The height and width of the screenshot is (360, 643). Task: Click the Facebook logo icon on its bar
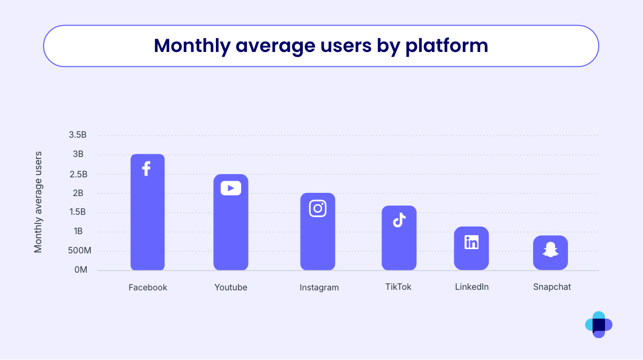coord(146,169)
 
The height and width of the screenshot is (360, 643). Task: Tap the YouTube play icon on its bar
coord(231,188)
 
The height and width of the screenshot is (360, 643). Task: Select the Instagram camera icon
coord(318,208)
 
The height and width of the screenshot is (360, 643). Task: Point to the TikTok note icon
coord(399,220)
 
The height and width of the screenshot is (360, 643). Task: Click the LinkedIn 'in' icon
coord(472,242)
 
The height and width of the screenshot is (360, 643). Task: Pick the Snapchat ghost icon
coord(550,250)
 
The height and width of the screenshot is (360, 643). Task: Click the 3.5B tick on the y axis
coord(78,135)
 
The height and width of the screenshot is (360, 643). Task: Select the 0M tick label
coord(81,270)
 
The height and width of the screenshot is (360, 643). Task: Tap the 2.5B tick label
coord(78,174)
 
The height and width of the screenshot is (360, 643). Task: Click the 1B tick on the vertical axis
coord(79,231)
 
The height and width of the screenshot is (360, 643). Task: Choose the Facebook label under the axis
coord(148,288)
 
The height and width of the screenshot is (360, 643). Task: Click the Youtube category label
coord(231,288)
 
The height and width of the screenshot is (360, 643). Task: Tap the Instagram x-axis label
coord(319,288)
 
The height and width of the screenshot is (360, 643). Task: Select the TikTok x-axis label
coord(398,287)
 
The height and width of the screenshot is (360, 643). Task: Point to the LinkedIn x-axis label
coord(472,287)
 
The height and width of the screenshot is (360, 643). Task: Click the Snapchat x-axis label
coord(552,287)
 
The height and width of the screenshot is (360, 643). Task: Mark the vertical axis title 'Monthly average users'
coord(38,202)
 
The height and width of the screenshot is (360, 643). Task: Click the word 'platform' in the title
coord(446,46)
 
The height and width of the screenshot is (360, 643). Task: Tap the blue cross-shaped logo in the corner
coord(599,325)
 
